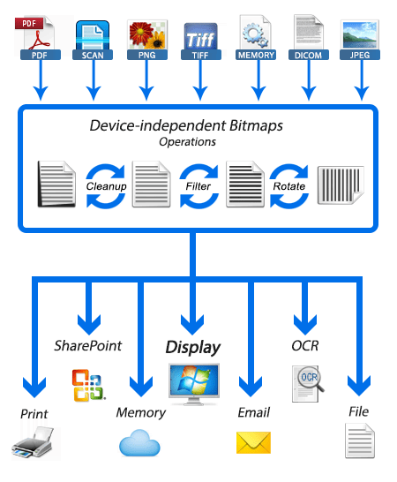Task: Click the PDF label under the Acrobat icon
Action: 41,55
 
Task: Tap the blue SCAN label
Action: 93,55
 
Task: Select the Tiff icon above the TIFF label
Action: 200,36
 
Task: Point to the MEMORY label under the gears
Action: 256,55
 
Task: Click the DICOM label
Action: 309,55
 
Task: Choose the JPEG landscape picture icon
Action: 360,34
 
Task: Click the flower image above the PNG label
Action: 147,34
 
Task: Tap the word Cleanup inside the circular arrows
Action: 107,186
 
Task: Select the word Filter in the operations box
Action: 198,186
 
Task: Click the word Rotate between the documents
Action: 289,186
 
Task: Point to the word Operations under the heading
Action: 187,142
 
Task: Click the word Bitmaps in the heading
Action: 256,125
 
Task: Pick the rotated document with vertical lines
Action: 341,185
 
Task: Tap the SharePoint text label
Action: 88,346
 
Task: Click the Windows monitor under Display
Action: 194,384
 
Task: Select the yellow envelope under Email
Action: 253,442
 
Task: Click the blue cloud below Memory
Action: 139,443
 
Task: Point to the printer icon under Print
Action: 33,441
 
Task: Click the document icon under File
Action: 360,441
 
